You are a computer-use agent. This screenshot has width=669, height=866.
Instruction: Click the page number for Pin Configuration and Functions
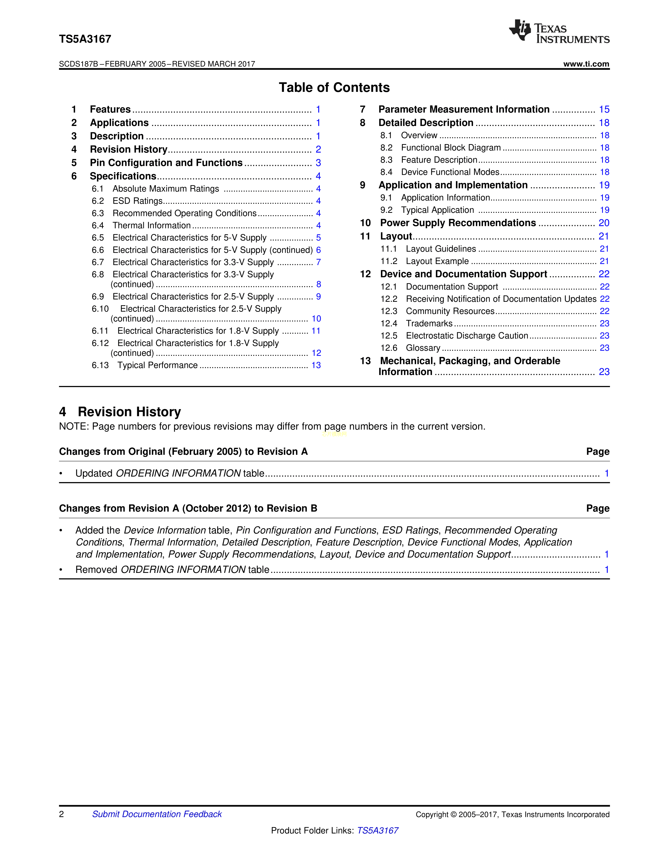[318, 163]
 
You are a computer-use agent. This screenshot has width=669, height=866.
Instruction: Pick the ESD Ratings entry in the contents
[137, 201]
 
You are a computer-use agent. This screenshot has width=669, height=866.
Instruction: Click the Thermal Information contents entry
[151, 226]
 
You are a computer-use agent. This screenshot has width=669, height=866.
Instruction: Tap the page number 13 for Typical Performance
[316, 365]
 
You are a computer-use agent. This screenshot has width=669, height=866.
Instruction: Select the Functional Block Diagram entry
[451, 148]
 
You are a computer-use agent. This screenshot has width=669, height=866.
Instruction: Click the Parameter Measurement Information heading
[464, 109]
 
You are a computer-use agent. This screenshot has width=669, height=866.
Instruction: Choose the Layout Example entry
[437, 261]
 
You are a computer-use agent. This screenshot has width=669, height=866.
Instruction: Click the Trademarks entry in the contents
[429, 324]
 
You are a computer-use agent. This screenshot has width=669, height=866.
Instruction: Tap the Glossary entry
[423, 348]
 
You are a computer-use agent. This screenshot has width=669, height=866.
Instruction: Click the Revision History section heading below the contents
[129, 412]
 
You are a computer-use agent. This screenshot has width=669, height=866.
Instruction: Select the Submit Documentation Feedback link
[157, 814]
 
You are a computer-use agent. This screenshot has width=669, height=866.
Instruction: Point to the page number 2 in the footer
[61, 814]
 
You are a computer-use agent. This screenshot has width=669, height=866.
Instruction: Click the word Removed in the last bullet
[96, 570]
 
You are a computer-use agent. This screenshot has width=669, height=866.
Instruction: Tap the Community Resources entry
[450, 311]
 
